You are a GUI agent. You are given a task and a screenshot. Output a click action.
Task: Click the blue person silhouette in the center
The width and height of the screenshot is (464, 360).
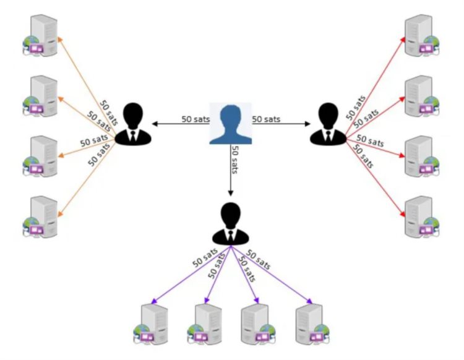click(230, 123)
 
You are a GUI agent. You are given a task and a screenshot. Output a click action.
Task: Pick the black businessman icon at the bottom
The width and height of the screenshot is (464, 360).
click(230, 222)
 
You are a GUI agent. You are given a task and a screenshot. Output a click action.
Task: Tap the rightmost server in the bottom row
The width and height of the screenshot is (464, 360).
click(310, 323)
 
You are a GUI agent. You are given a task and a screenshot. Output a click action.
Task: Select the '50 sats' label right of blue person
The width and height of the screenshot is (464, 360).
click(267, 118)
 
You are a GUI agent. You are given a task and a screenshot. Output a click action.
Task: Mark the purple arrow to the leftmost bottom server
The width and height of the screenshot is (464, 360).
click(189, 276)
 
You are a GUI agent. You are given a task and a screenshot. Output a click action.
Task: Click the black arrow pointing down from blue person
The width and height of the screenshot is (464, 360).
click(230, 179)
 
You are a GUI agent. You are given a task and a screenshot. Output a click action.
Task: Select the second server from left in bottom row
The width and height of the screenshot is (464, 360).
click(204, 323)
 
